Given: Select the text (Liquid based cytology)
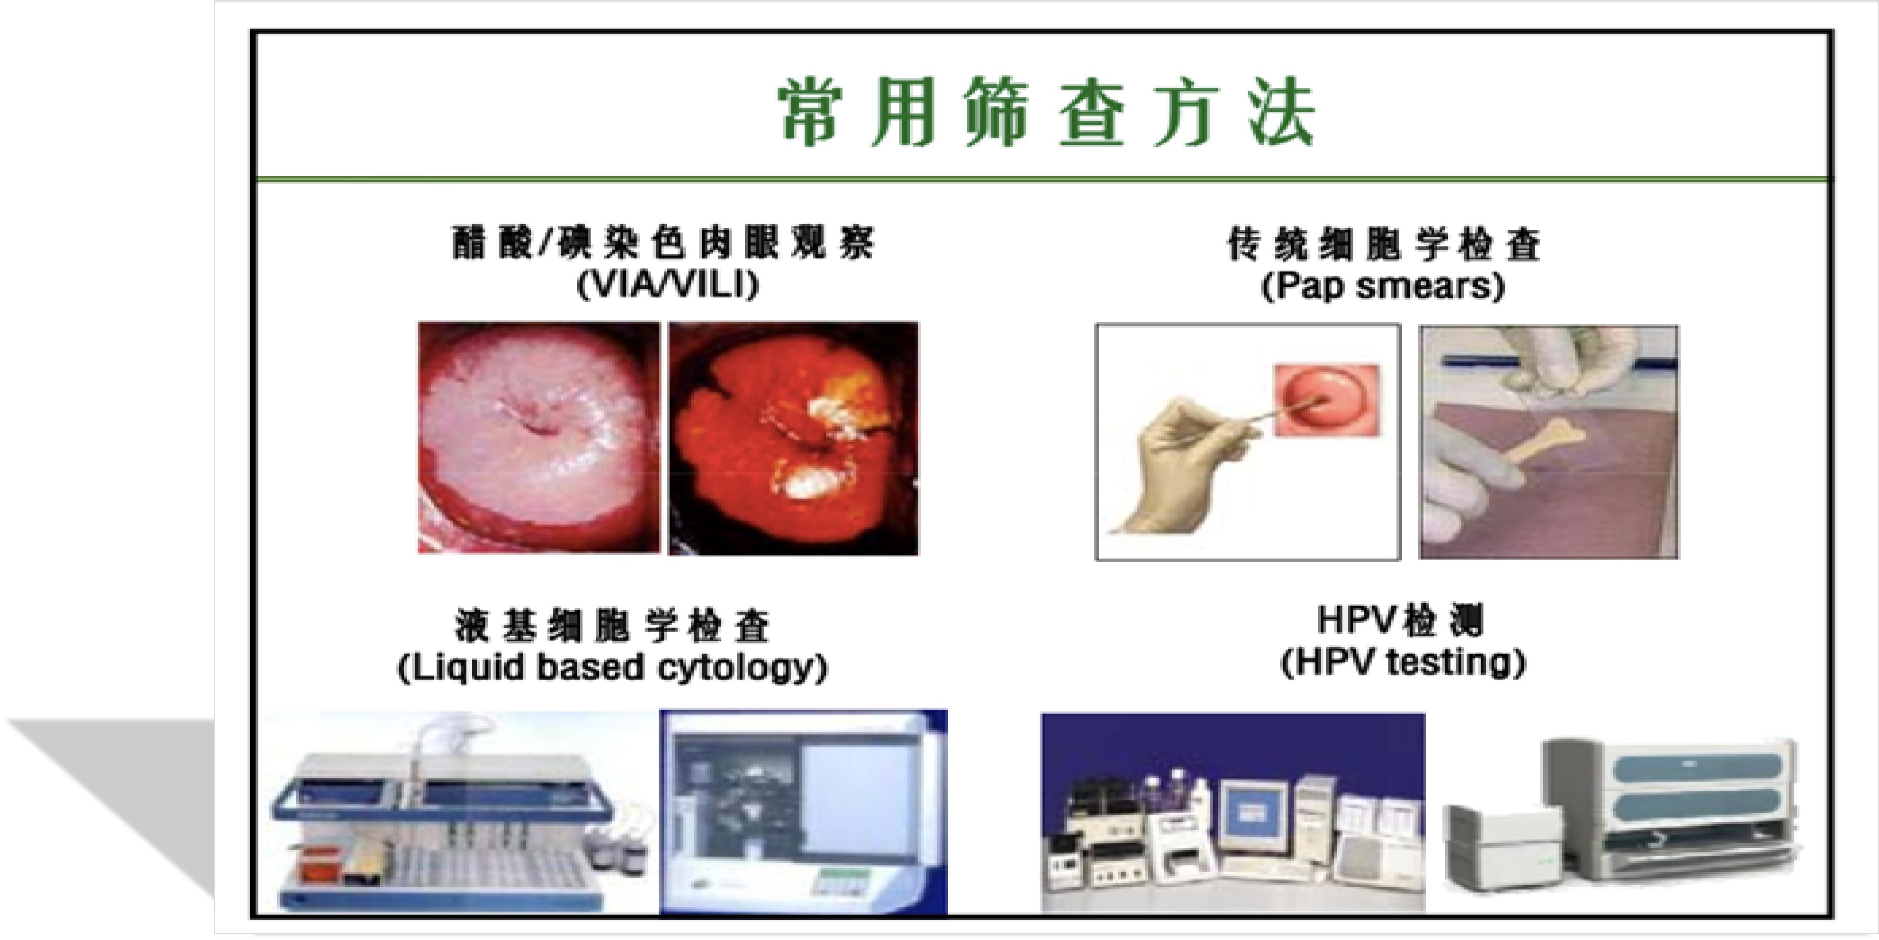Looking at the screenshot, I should coord(613,667).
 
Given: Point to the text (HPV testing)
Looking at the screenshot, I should coord(1403,662).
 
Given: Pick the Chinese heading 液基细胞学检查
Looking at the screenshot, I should coord(613,626).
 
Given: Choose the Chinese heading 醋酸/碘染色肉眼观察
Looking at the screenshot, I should coord(663,243).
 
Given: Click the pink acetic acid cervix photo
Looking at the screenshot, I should coord(538,438).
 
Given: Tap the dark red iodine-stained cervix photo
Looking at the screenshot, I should coord(794,438).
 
